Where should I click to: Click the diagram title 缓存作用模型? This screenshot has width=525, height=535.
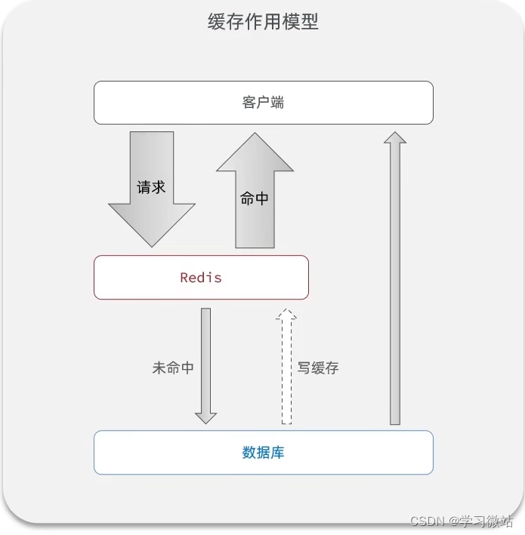click(x=263, y=21)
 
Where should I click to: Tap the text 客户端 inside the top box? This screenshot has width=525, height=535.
click(x=263, y=103)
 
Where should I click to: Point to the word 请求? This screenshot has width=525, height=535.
click(x=151, y=187)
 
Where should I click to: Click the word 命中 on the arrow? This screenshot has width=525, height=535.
click(x=255, y=199)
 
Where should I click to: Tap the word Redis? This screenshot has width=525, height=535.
click(x=201, y=278)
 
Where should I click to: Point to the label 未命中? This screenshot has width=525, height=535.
click(x=173, y=368)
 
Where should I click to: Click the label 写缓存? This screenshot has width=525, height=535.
click(x=317, y=368)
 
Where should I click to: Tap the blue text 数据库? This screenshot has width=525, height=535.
click(x=263, y=453)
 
